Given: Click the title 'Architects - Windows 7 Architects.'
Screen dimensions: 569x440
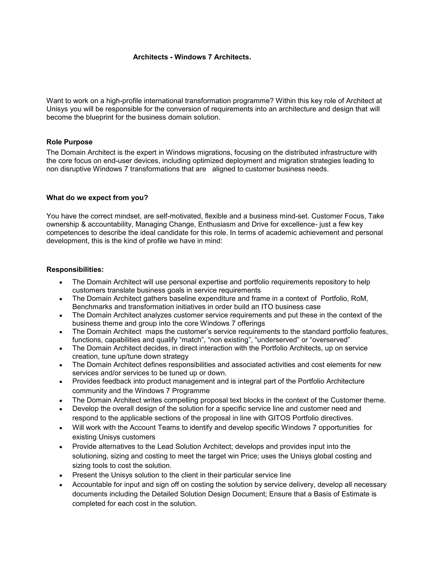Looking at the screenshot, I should coord(192,57).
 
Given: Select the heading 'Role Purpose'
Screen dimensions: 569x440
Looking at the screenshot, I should coord(69,142).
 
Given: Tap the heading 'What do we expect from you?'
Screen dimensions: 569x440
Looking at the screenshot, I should coord(97,198).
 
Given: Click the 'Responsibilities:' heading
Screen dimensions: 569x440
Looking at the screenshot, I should coord(75,269).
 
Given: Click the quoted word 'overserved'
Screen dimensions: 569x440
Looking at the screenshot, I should coord(330,340).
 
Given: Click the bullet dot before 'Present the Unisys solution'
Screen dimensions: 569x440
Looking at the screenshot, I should coord(61,475).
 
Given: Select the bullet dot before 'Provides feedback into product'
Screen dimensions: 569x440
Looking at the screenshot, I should coord(61,382).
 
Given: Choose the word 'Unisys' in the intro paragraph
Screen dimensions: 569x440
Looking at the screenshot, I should coord(57,109).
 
